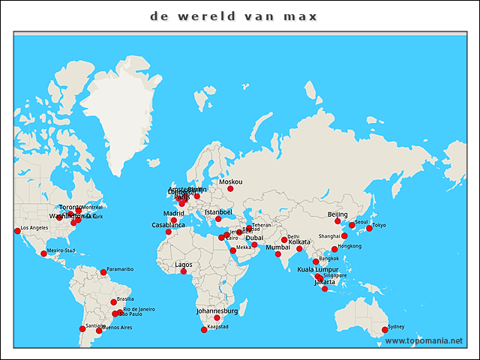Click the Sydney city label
click(x=396, y=327)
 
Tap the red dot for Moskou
click(x=230, y=189)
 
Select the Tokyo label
click(x=379, y=225)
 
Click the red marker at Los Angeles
click(x=17, y=231)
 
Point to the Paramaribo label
click(x=120, y=268)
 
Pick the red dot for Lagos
click(x=184, y=271)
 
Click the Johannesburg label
click(x=217, y=310)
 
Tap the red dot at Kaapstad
click(x=203, y=330)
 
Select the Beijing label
click(x=337, y=214)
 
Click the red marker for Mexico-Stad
click(x=43, y=253)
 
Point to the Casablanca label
click(x=168, y=225)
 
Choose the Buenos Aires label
click(x=116, y=328)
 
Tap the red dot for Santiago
click(x=82, y=328)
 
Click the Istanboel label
click(x=219, y=211)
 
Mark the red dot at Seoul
click(x=352, y=225)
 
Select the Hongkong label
click(x=349, y=246)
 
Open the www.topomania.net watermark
click(x=424, y=340)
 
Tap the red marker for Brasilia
click(x=114, y=302)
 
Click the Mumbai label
click(x=277, y=247)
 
